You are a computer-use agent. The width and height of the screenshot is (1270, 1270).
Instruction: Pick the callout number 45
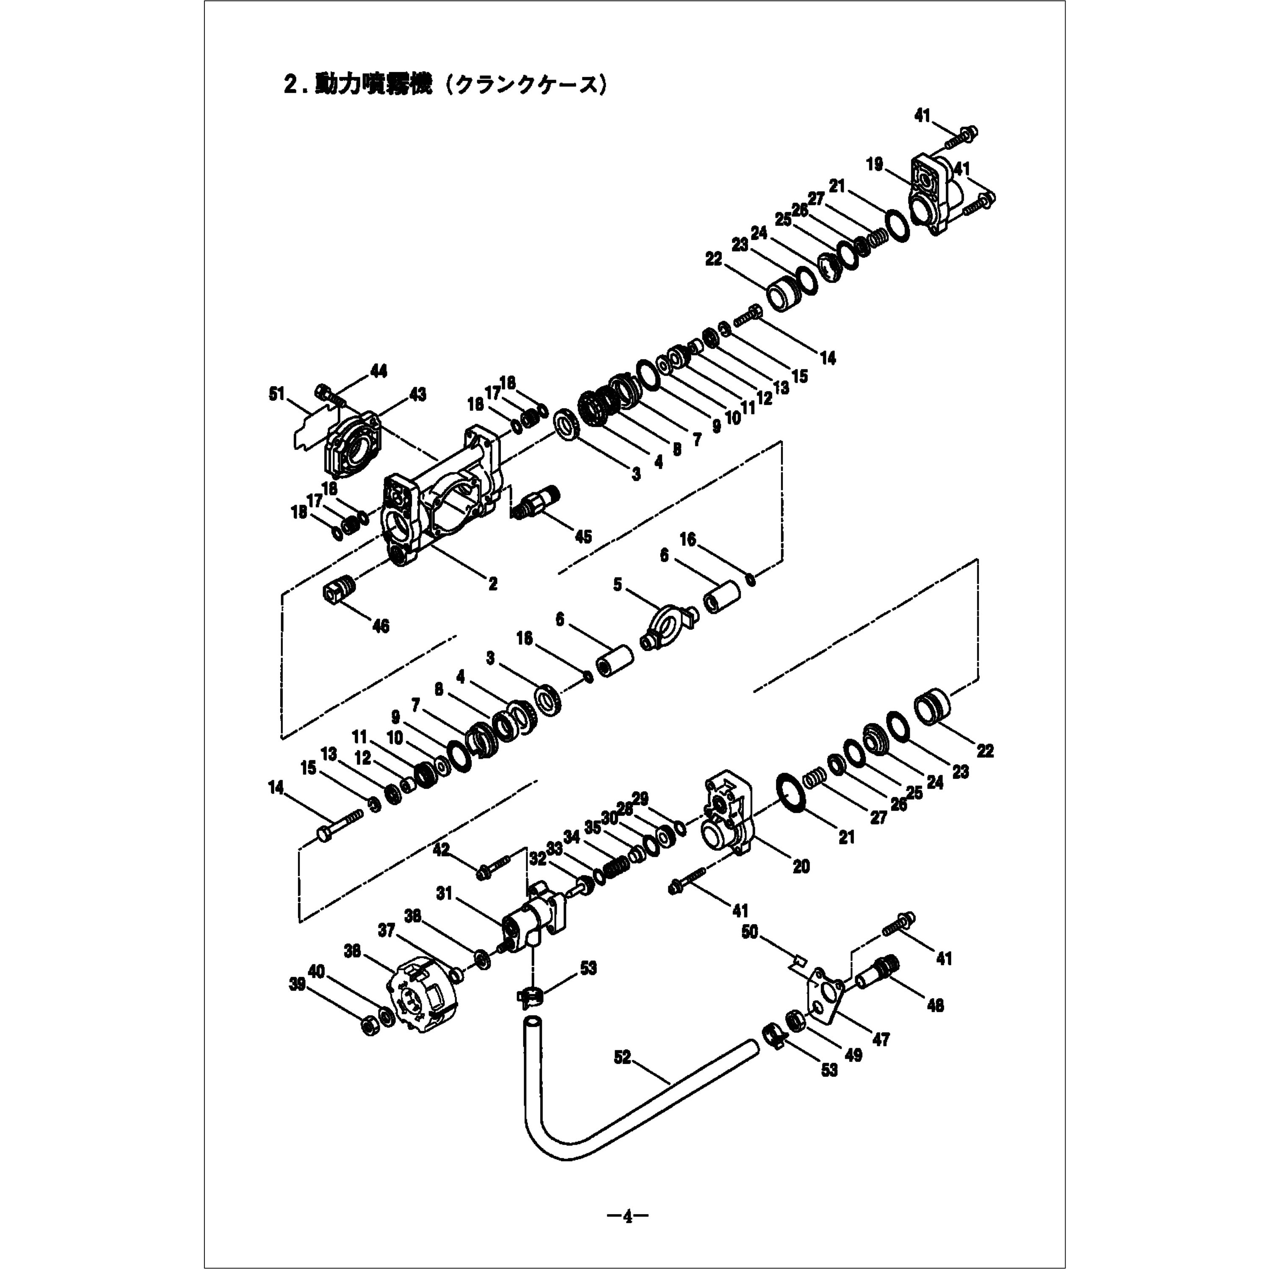[583, 536]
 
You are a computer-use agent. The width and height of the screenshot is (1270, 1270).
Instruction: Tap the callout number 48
[934, 1005]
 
